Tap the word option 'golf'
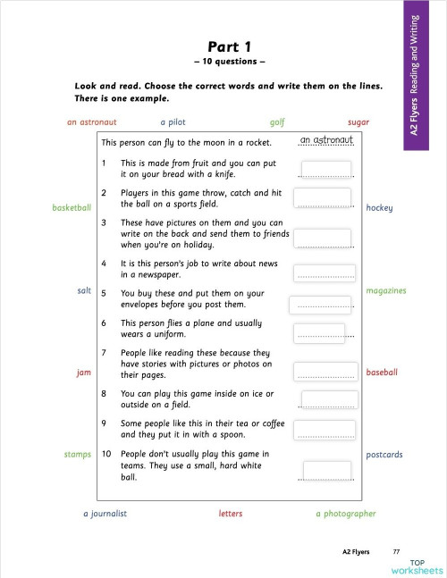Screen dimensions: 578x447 click(x=277, y=122)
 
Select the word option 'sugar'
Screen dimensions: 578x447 click(x=358, y=122)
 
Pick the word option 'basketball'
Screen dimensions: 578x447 click(x=72, y=208)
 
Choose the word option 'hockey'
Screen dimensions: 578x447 click(x=379, y=208)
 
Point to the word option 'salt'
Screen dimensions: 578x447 click(x=84, y=290)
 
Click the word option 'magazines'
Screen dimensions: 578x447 click(x=385, y=290)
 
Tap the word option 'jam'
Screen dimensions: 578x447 click(x=84, y=373)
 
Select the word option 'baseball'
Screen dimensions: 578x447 click(x=382, y=373)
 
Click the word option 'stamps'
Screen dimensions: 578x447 click(x=78, y=455)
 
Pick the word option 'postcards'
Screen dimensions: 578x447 click(x=384, y=455)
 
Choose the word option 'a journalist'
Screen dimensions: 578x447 click(x=105, y=514)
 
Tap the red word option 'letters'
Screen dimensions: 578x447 click(x=231, y=514)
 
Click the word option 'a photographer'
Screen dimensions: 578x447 click(x=346, y=514)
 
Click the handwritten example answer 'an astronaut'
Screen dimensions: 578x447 click(x=328, y=139)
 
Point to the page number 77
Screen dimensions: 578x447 click(x=396, y=552)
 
